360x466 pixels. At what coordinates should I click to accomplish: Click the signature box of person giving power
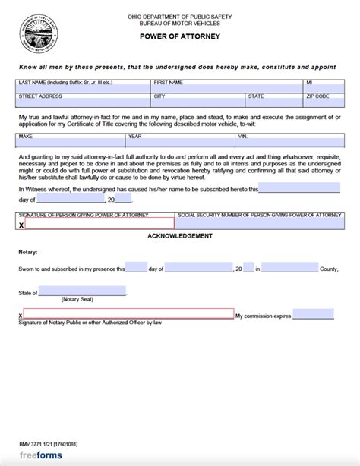(x=99, y=225)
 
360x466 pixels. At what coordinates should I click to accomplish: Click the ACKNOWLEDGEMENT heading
(x=180, y=238)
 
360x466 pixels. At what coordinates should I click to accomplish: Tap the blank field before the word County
(x=289, y=268)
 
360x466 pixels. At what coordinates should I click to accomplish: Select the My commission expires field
(x=313, y=313)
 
